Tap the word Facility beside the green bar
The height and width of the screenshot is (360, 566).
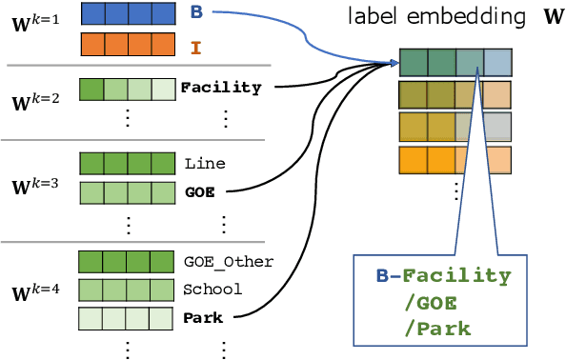[220, 88]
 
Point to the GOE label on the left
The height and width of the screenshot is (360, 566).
[199, 190]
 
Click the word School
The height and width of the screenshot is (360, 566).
[212, 290]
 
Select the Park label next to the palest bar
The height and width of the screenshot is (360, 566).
[203, 317]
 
